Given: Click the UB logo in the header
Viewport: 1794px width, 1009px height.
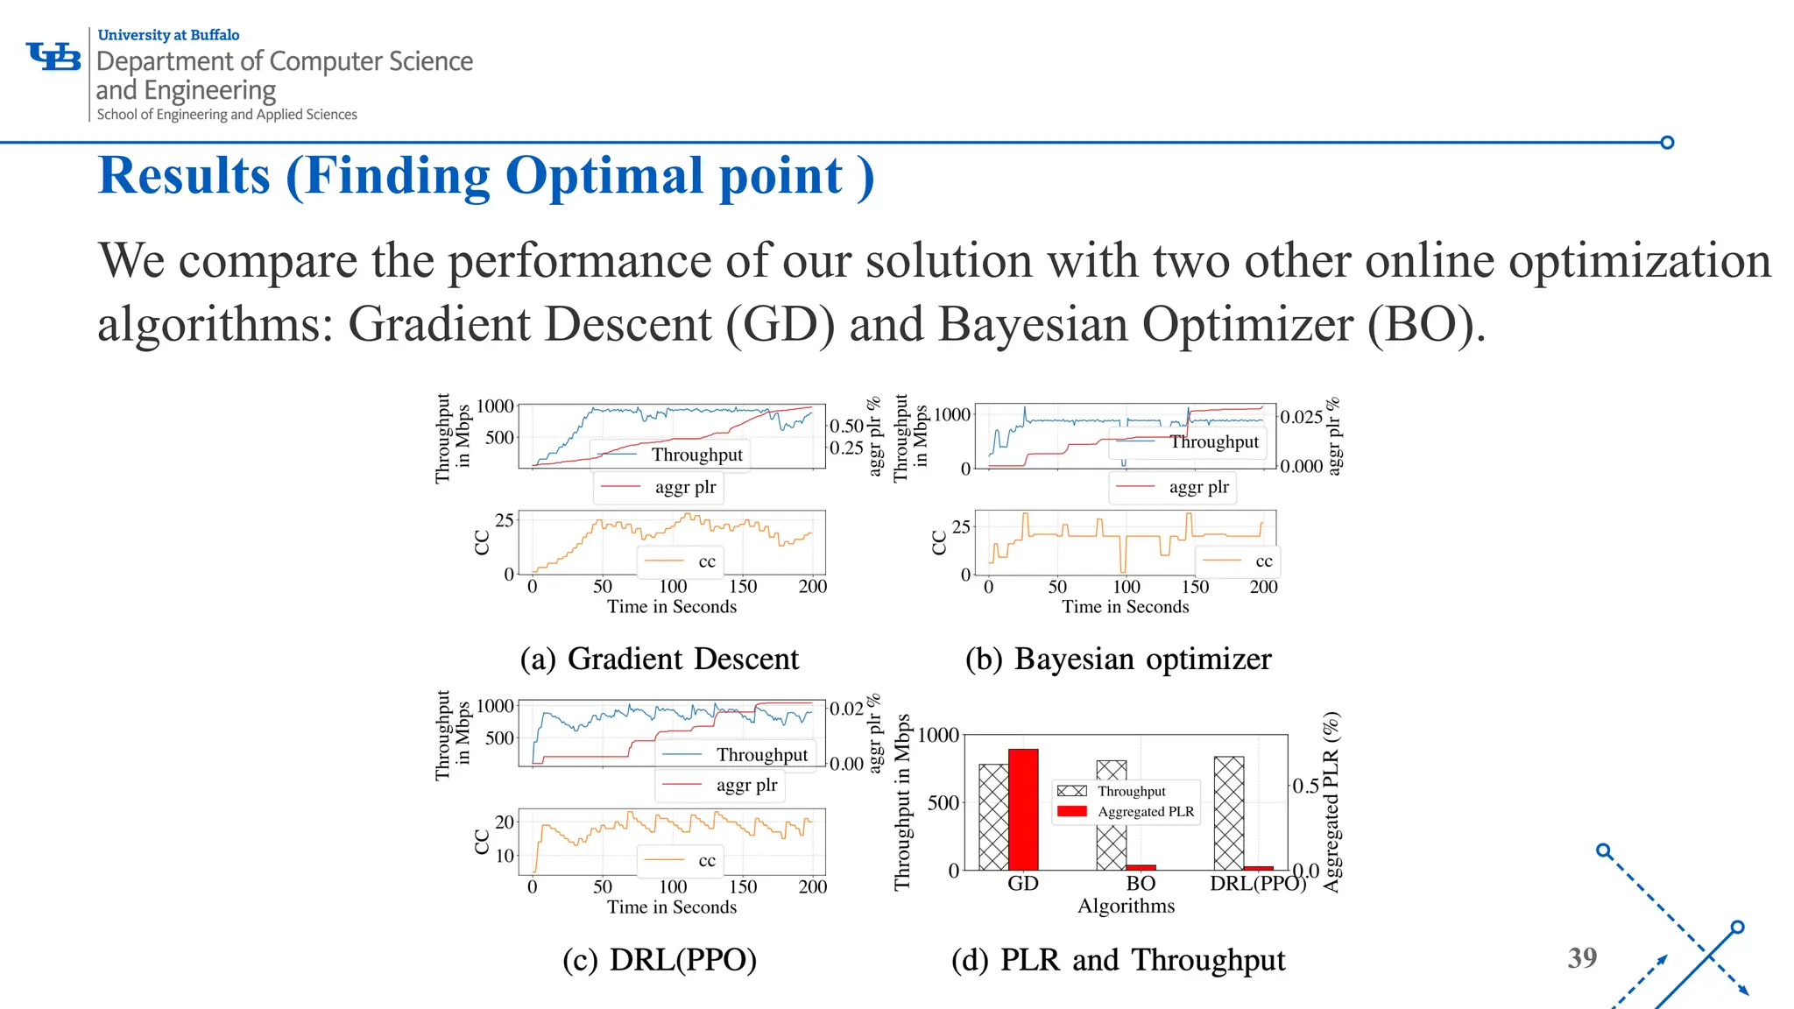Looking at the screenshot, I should point(53,57).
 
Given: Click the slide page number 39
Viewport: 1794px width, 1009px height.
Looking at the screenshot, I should point(1582,958).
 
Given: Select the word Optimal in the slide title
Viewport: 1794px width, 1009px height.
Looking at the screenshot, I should point(605,176).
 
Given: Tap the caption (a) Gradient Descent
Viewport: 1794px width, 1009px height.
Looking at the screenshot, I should point(659,659).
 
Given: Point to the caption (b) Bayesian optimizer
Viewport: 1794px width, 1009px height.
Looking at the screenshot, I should point(1118,659).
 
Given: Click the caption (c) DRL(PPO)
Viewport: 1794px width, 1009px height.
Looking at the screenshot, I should point(659,960).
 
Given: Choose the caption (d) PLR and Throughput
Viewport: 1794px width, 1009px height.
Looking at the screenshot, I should point(1118,960).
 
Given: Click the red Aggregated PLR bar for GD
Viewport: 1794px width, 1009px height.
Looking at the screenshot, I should point(1022,809).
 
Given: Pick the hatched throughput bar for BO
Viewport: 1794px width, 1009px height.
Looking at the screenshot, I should point(1111,815).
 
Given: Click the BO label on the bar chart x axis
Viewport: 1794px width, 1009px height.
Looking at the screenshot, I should point(1141,883).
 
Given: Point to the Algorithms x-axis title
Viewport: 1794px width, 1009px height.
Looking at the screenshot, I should point(1126,906).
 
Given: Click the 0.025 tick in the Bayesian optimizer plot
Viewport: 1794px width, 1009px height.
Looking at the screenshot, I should point(1301,417).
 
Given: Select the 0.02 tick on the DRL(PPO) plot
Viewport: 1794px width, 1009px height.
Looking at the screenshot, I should point(846,709).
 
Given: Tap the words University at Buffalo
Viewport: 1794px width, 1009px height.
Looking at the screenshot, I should point(168,35).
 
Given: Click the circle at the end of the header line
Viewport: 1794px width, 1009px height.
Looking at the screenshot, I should point(1667,143).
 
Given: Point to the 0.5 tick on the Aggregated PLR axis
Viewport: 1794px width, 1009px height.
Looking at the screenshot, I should point(1305,786).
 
